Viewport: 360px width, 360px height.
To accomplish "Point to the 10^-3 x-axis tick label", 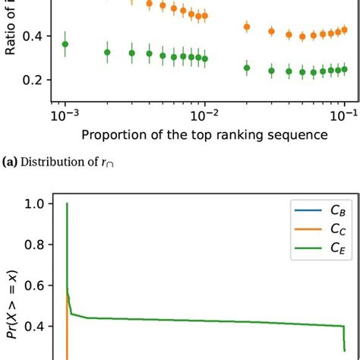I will (x=65, y=116).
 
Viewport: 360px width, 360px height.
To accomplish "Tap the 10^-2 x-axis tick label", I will (x=205, y=116).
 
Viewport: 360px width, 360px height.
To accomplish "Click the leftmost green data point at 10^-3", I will (x=65, y=44).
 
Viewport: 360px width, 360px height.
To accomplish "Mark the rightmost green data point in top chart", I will (x=344, y=68).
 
